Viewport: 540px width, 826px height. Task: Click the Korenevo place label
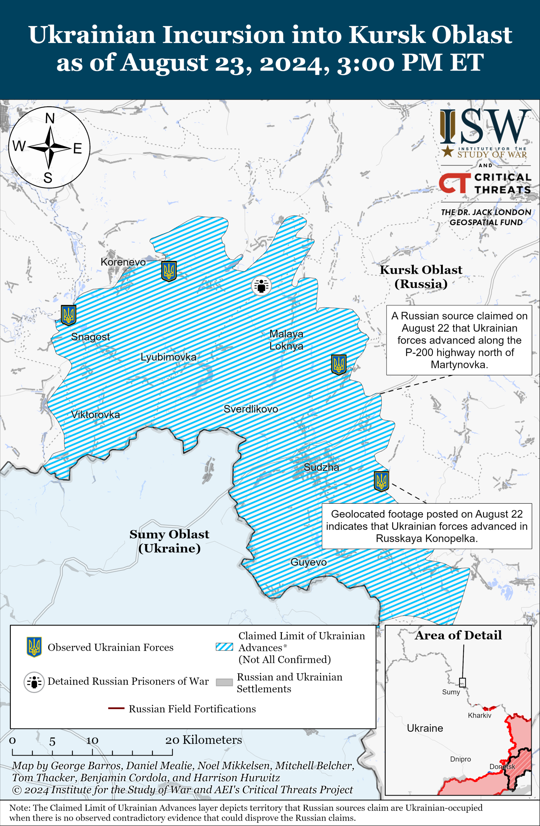123,262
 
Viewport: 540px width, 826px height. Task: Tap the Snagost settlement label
90,336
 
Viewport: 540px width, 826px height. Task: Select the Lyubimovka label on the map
168,357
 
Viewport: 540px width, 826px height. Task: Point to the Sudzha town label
321,467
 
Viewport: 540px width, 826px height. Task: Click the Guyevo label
308,562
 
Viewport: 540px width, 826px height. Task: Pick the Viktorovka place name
96,415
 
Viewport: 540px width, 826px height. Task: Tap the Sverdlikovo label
250,409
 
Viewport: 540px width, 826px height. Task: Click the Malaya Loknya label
286,340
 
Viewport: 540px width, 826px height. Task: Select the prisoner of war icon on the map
261,286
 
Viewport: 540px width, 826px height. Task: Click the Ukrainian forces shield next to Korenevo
169,271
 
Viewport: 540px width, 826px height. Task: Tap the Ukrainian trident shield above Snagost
69,315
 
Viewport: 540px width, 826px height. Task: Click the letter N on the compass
50,118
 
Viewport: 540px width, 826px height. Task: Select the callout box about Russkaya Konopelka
427,526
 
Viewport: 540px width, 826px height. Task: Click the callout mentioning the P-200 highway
459,340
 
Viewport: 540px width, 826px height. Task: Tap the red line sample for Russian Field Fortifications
116,708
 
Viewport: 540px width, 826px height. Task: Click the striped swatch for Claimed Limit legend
224,646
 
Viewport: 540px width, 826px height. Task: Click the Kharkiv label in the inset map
479,715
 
